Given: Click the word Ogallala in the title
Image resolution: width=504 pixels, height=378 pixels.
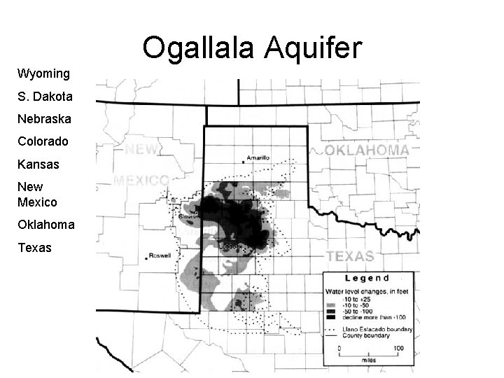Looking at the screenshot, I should (199, 48).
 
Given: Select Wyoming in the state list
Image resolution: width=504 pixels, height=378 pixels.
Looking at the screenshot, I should (43, 73).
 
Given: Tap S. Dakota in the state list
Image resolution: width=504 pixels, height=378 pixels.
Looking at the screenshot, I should (44, 96).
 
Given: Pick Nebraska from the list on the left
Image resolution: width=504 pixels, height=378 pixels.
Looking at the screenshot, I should (44, 119).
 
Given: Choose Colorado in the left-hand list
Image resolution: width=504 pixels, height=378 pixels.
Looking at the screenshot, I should (43, 141).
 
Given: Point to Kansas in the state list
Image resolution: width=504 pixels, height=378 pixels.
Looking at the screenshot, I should (38, 164).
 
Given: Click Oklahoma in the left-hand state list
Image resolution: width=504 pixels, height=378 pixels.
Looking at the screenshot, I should (46, 225).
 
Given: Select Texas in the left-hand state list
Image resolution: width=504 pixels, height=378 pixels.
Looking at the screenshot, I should (35, 248).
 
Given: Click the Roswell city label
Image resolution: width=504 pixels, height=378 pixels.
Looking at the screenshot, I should (160, 255).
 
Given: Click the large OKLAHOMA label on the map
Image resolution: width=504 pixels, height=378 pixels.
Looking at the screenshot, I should (367, 150).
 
